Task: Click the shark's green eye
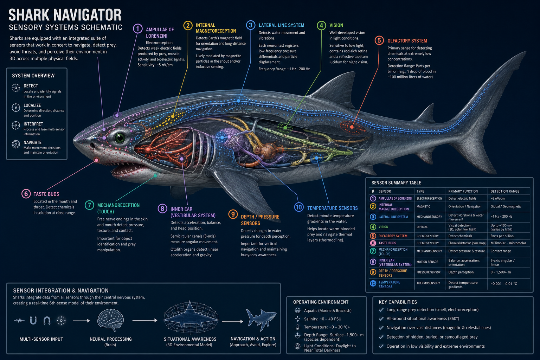point(120,137)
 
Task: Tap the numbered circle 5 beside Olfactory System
point(379,40)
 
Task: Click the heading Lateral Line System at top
point(281,25)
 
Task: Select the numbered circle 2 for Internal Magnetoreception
point(188,25)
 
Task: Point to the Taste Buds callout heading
point(46,194)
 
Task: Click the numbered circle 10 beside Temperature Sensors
point(299,207)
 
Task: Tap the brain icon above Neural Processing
point(110,320)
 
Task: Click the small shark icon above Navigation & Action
point(261,320)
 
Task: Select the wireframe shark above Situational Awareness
point(191,317)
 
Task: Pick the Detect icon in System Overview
point(16,88)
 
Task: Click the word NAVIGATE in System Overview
point(33,142)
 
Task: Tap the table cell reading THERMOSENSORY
point(428,283)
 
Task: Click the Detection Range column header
point(505,191)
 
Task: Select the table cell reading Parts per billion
point(502,236)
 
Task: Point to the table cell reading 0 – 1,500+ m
point(501,272)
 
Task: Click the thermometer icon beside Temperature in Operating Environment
point(297,327)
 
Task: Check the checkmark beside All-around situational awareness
point(381,319)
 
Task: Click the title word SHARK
point(29,15)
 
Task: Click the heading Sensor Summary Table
point(396,183)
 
